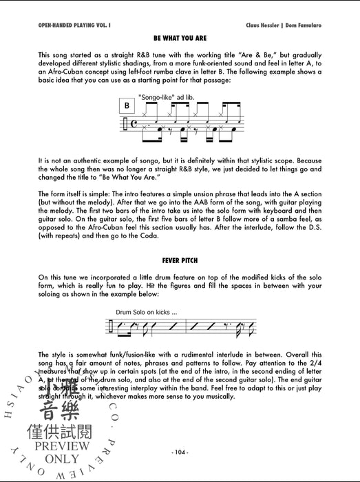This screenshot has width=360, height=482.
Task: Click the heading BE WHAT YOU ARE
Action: (x=180, y=40)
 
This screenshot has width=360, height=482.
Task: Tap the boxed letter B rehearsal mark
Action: (x=127, y=105)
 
